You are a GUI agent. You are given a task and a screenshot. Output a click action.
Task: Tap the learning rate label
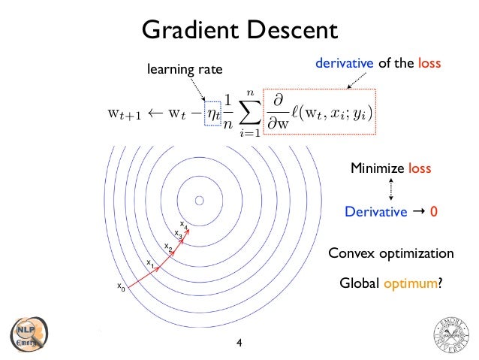[185, 70]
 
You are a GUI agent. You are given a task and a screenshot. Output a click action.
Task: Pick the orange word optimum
[411, 283]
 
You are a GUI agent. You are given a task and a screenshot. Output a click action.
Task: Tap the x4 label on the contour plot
[184, 225]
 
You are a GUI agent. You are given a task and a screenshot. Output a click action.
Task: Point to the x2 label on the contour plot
[168, 247]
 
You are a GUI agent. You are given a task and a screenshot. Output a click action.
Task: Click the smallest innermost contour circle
[200, 201]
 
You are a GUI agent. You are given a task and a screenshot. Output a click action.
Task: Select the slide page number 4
[239, 343]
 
